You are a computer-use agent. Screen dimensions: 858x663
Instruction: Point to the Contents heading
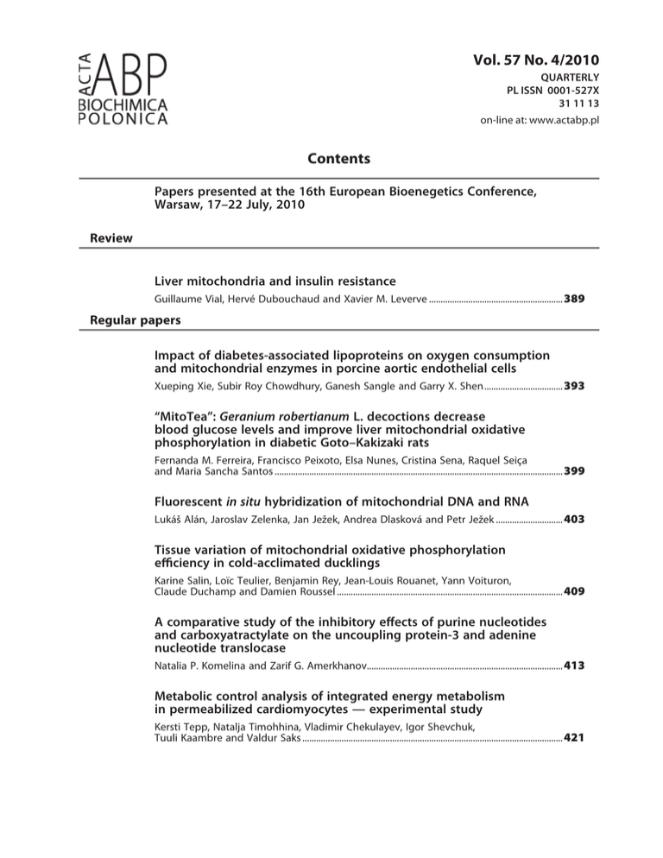(x=339, y=159)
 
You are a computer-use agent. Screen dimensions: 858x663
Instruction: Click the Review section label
(x=111, y=238)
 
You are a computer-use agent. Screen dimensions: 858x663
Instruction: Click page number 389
(x=576, y=298)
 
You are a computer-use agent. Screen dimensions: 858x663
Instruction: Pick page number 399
(x=576, y=471)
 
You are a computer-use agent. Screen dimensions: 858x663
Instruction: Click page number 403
(x=576, y=520)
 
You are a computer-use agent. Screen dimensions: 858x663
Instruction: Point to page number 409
(x=576, y=593)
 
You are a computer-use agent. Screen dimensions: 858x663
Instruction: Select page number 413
(x=576, y=666)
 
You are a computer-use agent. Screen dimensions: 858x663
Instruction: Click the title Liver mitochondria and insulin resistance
(x=275, y=281)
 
